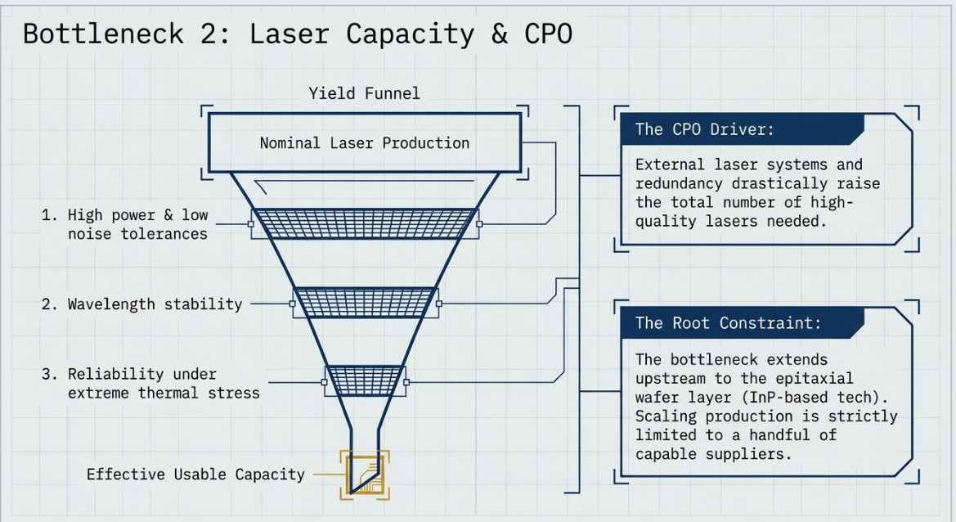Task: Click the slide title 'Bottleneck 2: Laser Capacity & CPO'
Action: pos(298,34)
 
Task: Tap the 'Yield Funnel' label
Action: pos(364,93)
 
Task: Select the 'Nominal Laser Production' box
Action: pos(365,142)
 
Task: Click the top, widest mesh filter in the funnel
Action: pos(365,223)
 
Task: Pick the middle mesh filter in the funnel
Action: pos(366,303)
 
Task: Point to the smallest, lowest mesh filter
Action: pos(366,380)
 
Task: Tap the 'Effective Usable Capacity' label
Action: pos(195,475)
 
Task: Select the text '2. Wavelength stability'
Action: pos(142,304)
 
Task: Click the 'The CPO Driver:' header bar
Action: pos(742,129)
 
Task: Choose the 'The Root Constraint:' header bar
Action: pos(742,322)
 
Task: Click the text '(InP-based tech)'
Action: pos(815,397)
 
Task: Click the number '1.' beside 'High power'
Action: pos(49,214)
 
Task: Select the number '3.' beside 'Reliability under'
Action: pos(49,374)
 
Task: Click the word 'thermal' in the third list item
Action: pos(168,393)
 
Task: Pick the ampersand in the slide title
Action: pos(500,34)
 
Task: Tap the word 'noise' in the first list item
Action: pos(90,233)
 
